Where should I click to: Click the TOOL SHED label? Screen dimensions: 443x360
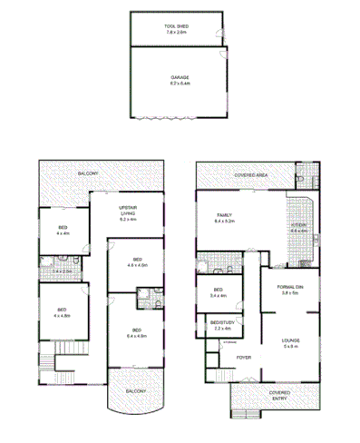point(176,27)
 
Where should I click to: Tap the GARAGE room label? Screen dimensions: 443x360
point(179,79)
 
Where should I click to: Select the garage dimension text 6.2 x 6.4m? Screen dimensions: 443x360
point(179,85)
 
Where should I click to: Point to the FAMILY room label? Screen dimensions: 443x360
point(223,214)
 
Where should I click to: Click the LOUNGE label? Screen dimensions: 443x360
point(290,341)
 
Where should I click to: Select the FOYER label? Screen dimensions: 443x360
point(245,358)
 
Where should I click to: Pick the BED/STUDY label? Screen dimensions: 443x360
point(223,322)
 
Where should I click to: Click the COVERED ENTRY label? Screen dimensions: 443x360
point(279,395)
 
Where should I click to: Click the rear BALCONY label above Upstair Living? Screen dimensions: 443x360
point(88,173)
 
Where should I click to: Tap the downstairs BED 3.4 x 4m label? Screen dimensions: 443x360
point(217,293)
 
